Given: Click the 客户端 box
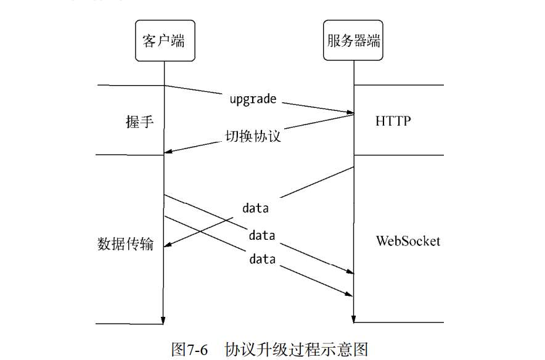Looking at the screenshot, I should [163, 41].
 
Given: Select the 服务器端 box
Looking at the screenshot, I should [353, 41].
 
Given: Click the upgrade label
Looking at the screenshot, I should [253, 99].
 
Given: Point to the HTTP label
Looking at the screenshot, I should [393, 121].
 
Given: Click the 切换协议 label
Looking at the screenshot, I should [252, 136].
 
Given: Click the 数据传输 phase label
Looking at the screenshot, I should [125, 243].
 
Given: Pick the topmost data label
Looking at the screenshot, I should [255, 208].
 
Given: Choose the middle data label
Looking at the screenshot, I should [262, 235].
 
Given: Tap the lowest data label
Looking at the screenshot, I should [262, 260].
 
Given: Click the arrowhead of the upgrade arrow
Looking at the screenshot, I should [350, 112].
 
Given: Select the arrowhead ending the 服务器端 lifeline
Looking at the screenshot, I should [353, 319].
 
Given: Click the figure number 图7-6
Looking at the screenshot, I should [188, 349].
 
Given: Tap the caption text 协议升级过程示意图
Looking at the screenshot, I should [297, 349].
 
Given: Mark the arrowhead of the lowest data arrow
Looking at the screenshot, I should [350, 293].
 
